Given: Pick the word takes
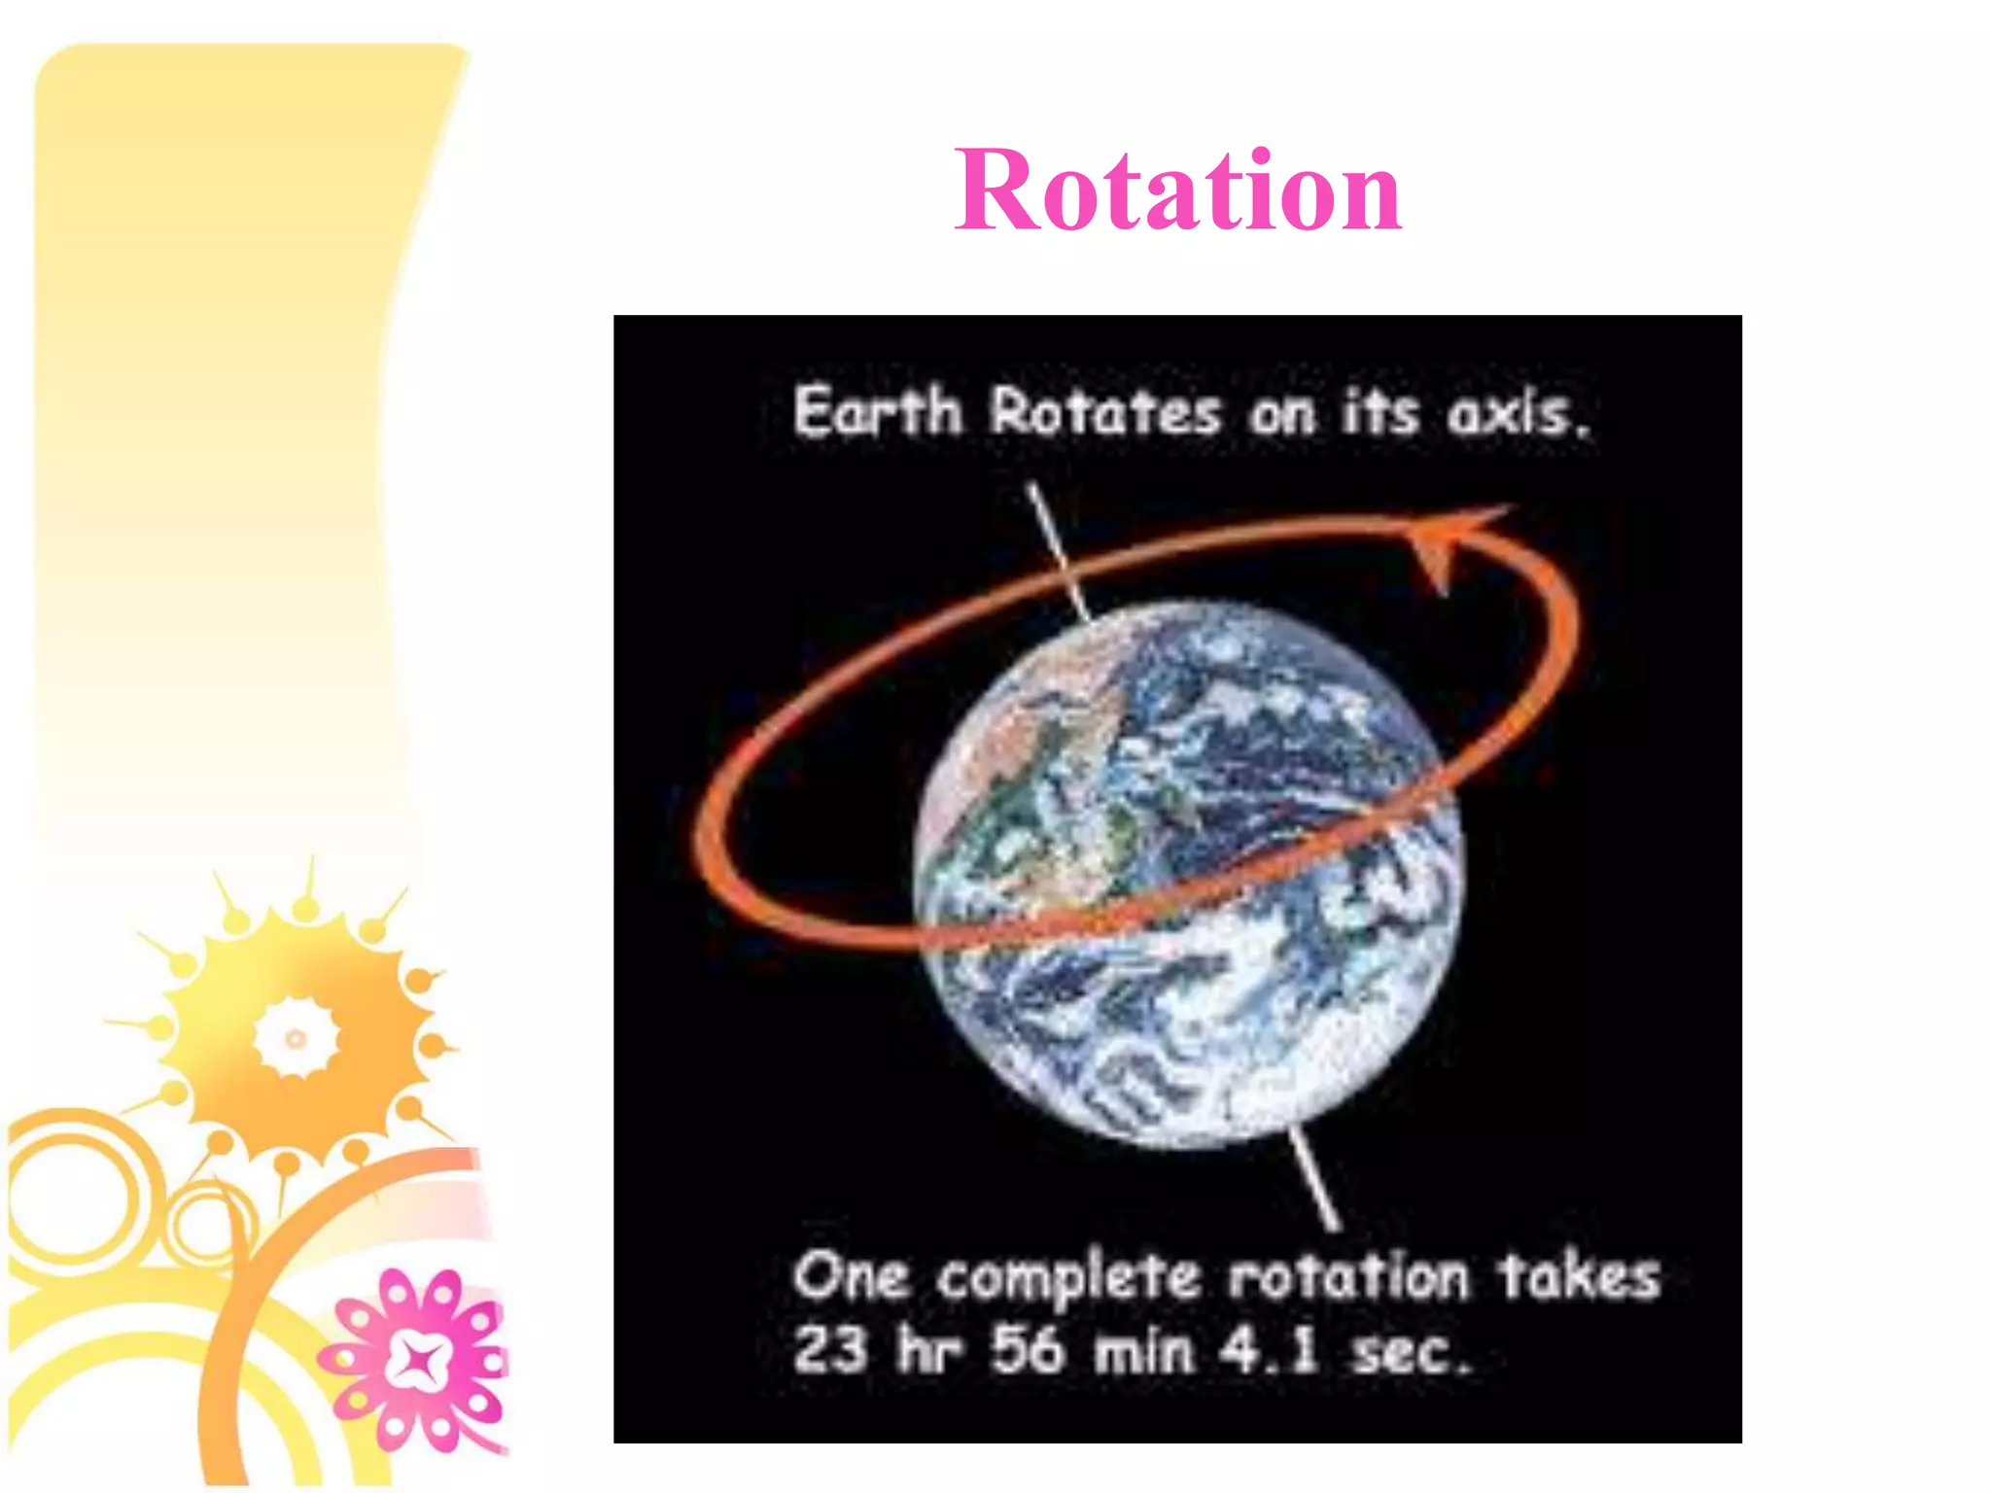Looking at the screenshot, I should (1579, 1277).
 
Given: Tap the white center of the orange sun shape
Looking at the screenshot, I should (296, 1038).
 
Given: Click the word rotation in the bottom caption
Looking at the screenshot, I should (1349, 1277).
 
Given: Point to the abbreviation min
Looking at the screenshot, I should (1143, 1351).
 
